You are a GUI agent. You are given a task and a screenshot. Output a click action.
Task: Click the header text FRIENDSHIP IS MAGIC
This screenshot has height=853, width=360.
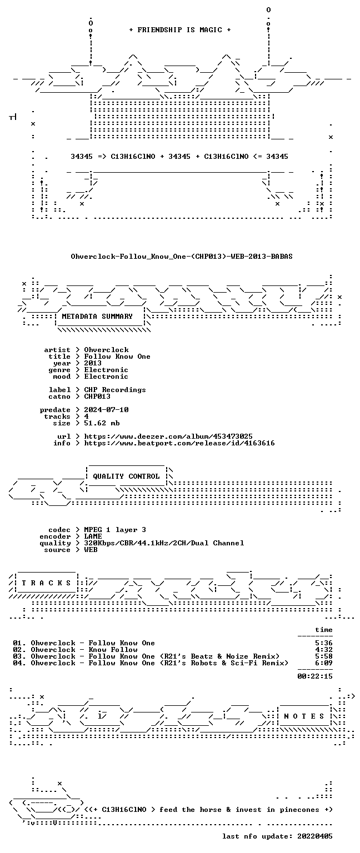tap(180, 29)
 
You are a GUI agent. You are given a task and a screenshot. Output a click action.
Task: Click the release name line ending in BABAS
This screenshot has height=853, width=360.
tap(182, 256)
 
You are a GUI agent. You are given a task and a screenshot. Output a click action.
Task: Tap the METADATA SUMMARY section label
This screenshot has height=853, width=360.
tap(97, 316)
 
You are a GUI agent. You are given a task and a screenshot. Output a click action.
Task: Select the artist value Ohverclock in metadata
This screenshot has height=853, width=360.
tap(106, 349)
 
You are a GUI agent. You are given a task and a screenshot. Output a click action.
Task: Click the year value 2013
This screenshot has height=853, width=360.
tap(93, 363)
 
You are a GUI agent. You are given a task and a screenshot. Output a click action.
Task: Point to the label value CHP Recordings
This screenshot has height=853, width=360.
tap(115, 389)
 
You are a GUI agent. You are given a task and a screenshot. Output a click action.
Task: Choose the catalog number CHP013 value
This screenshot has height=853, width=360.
tap(97, 397)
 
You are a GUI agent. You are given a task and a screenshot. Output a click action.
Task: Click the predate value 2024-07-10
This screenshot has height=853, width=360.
tap(106, 410)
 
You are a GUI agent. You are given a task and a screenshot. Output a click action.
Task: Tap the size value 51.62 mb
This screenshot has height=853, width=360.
tap(102, 423)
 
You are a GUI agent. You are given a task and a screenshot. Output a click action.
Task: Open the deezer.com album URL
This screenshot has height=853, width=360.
tap(168, 436)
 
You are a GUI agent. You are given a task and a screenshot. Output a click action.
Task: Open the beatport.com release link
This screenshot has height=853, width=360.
tap(179, 443)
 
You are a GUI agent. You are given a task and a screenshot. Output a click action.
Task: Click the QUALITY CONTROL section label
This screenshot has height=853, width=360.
tap(126, 476)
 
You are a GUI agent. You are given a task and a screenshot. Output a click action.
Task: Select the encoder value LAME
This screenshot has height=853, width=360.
tap(93, 536)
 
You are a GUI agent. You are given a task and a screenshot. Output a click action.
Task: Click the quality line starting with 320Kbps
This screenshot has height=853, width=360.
tap(164, 543)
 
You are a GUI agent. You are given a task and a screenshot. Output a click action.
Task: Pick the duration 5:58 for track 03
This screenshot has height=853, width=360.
tap(324, 656)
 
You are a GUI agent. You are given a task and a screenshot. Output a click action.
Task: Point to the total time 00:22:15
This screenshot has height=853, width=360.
tap(315, 676)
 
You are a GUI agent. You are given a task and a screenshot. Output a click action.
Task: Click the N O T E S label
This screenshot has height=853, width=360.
tap(304, 716)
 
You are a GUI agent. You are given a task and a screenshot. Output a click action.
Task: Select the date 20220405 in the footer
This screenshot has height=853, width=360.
tap(315, 836)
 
